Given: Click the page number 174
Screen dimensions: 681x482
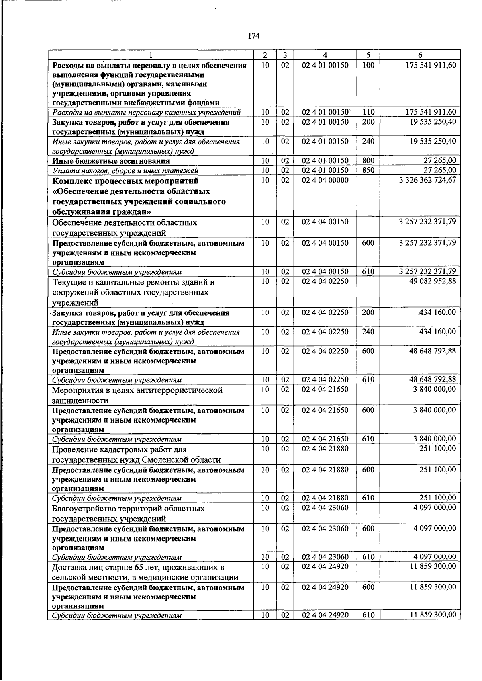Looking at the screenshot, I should [254, 36].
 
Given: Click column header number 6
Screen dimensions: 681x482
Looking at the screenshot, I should [420, 55].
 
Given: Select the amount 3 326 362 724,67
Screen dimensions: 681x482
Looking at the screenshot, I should [427, 180].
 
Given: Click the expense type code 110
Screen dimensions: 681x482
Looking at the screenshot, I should [368, 112].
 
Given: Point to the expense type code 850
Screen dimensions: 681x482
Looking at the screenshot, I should [368, 170].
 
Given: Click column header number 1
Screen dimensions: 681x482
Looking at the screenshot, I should [150, 55].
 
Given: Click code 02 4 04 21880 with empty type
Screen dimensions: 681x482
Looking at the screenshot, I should [325, 449].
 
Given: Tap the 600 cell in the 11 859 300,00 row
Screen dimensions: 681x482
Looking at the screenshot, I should [368, 587].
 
